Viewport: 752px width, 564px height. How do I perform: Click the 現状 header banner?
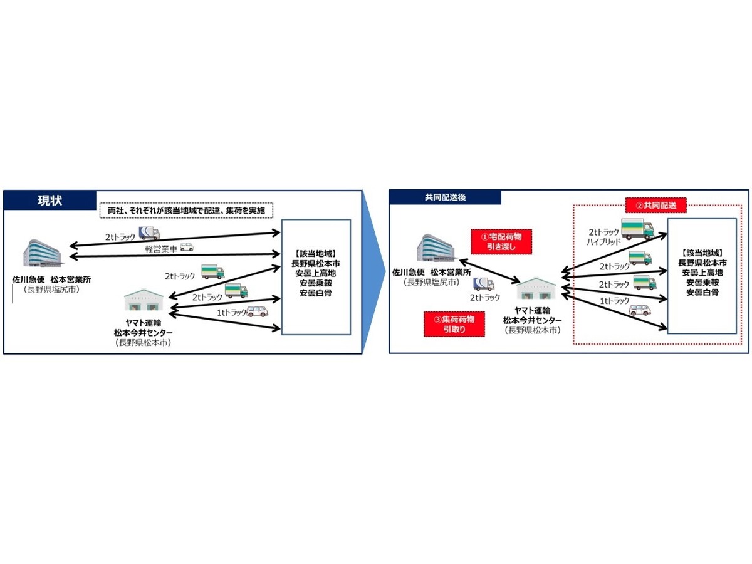[50, 201]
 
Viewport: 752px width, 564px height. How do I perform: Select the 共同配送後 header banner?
[445, 197]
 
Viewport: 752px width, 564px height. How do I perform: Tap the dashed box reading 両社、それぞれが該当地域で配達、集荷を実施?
[186, 211]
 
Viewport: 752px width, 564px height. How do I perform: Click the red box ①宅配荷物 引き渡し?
[501, 241]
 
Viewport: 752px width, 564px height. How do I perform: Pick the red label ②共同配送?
[655, 206]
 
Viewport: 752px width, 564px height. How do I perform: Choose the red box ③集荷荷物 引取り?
[454, 324]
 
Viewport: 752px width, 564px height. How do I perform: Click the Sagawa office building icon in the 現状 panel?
[43, 253]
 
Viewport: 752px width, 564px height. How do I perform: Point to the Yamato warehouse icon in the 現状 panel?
[144, 300]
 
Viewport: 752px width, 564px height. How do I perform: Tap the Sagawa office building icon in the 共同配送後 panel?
[437, 248]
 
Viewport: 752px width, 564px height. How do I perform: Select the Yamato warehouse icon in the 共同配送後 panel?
[536, 288]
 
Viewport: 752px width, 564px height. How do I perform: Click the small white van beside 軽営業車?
[187, 246]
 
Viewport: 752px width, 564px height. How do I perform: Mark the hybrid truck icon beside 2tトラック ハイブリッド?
[637, 229]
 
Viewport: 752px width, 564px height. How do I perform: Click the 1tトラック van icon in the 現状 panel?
[258, 311]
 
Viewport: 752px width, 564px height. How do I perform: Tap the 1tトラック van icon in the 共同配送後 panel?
[640, 310]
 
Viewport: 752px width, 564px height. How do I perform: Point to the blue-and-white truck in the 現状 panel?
[149, 233]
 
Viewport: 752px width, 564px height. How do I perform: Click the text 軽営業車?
[161, 249]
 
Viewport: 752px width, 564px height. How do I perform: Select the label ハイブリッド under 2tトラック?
[603, 242]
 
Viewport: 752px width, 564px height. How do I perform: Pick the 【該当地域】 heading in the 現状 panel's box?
[316, 253]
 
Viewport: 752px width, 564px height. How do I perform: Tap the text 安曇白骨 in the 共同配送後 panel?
[702, 292]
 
